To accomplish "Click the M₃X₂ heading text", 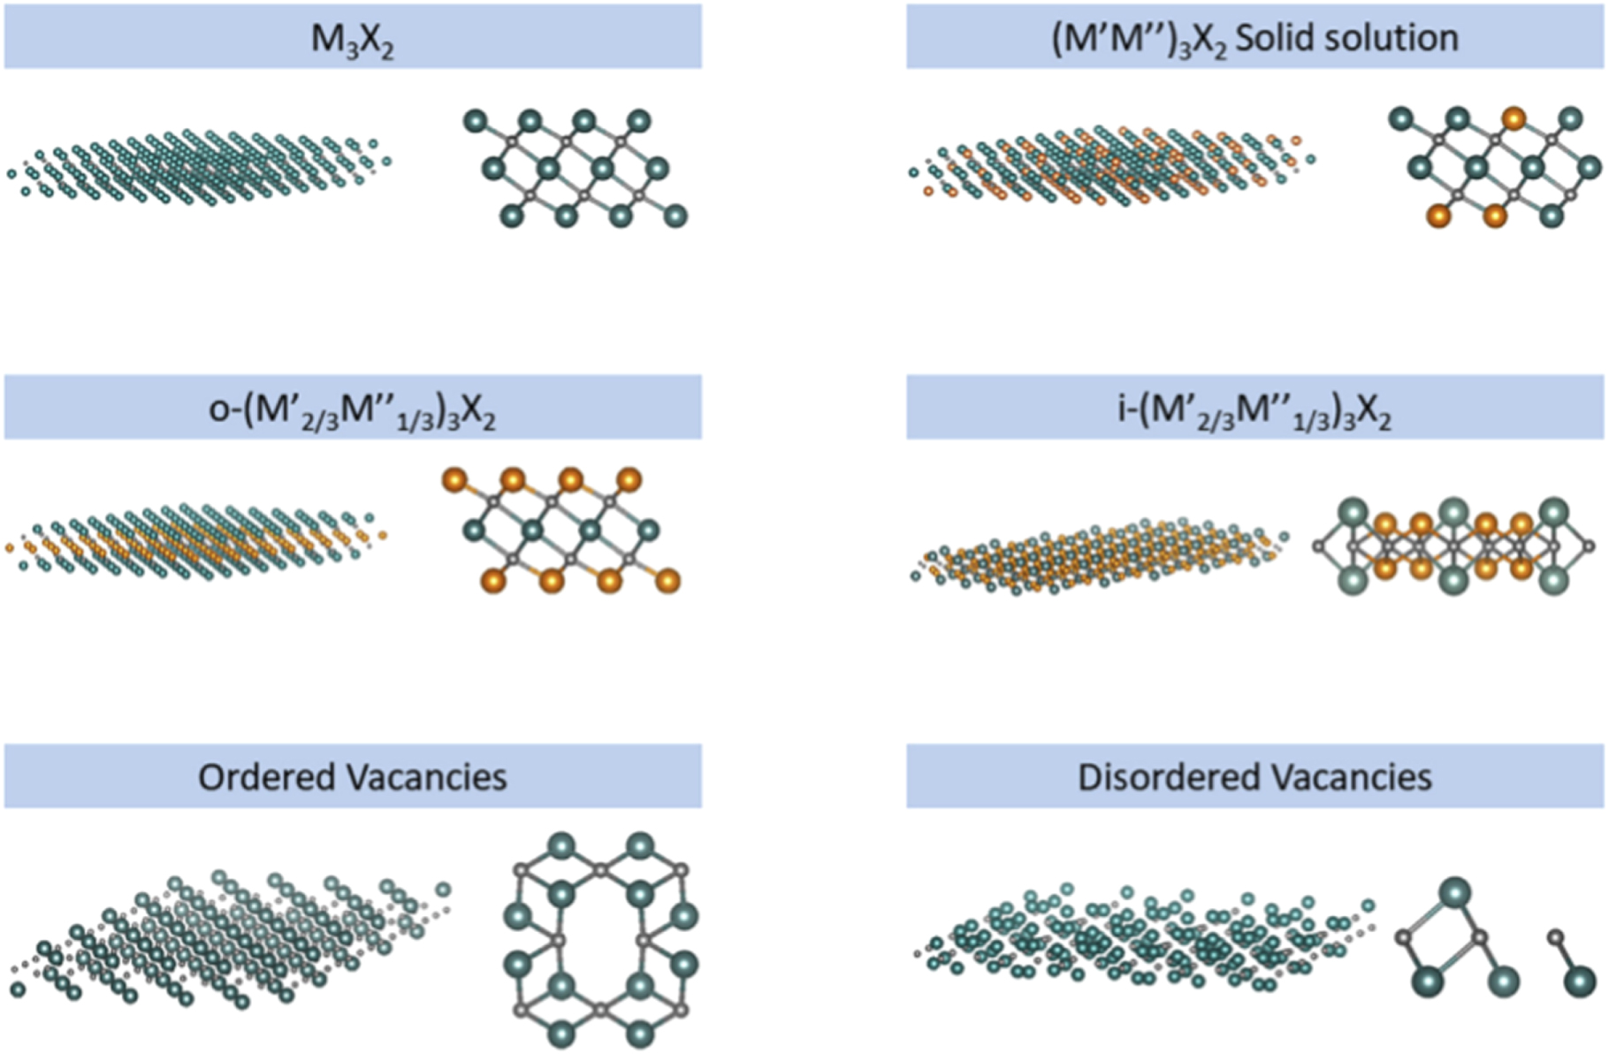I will click(352, 39).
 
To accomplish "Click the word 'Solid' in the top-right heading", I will click(1272, 38).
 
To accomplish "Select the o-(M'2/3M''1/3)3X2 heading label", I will click(352, 410).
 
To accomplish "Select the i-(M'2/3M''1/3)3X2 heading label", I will click(1254, 410).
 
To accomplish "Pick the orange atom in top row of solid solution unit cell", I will click(1514, 118).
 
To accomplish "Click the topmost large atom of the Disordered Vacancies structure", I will click(1455, 891).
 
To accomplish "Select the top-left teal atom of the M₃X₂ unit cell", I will click(476, 120).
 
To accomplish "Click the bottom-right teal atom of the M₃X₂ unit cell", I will click(675, 214).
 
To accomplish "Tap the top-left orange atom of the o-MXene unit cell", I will click(454, 480).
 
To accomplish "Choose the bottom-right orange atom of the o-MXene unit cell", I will click(668, 580).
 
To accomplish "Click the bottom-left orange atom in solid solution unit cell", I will click(1439, 215).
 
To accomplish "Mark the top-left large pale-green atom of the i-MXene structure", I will click(1353, 513).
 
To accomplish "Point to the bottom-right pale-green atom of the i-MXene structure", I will click(1553, 580).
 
